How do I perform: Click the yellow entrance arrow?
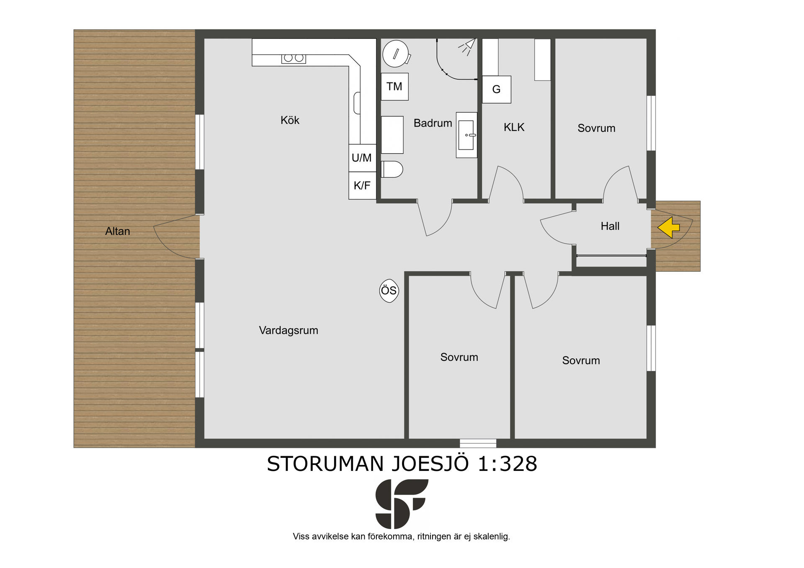point(668,227)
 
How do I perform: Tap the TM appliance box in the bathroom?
point(394,87)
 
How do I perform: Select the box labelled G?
point(497,89)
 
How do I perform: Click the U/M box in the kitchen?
point(362,158)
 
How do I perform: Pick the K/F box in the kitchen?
point(362,185)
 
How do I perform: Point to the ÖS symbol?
point(389,290)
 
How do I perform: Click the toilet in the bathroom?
point(392,169)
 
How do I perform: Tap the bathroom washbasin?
point(466,135)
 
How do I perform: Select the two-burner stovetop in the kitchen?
point(294,58)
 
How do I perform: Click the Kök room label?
point(290,121)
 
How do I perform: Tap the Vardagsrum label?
point(289,331)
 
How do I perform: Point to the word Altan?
point(118,231)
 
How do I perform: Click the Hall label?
point(610,226)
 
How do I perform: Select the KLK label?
point(514,127)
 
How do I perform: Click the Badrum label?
point(433,123)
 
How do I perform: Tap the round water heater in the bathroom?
point(396,54)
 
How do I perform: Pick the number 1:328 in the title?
point(508,464)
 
